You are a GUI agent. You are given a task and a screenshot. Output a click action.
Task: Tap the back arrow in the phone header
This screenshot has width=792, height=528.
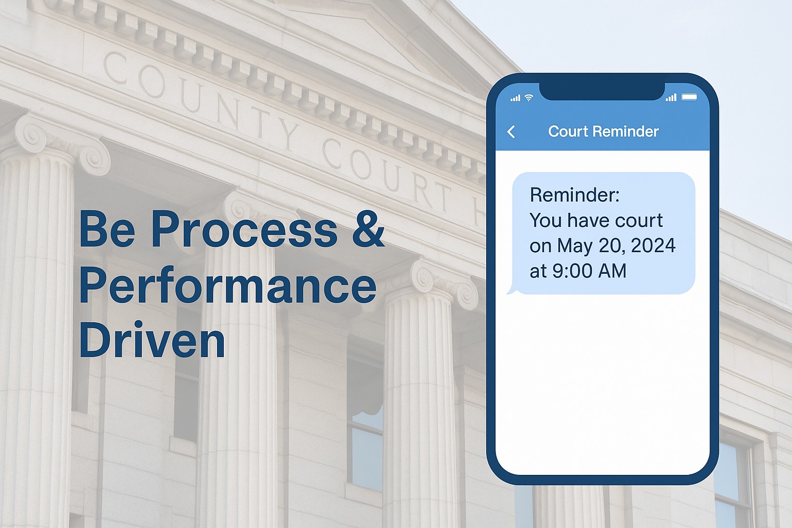click(511, 132)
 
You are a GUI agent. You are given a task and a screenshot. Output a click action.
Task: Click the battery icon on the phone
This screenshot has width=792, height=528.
click(689, 97)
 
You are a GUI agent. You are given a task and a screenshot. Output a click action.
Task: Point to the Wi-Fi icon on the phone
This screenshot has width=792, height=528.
click(529, 97)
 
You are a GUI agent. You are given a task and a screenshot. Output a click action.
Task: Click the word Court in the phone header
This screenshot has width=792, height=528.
click(568, 131)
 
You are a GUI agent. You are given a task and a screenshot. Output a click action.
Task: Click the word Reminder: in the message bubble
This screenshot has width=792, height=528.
click(574, 195)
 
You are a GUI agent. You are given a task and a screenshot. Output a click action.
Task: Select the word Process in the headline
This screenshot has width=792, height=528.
click(244, 229)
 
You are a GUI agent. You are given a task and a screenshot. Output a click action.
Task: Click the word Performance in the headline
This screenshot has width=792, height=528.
click(228, 286)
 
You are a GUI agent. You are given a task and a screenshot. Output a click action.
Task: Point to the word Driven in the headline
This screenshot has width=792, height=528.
click(152, 340)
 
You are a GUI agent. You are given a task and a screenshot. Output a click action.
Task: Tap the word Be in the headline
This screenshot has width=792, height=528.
click(107, 229)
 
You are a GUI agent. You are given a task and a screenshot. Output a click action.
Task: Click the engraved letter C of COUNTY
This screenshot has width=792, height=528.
click(115, 67)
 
